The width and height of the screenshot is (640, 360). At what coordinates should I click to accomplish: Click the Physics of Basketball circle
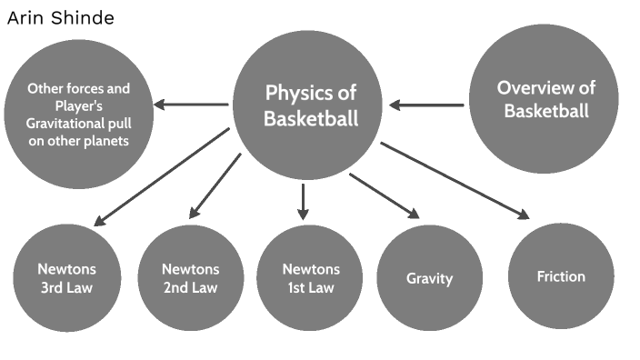click(307, 105)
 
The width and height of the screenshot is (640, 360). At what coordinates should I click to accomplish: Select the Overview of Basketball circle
click(544, 99)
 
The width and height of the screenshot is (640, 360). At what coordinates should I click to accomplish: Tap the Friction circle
click(561, 276)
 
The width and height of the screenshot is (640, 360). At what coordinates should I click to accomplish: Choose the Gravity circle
click(429, 278)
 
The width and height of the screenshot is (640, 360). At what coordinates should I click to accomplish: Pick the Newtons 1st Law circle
click(309, 278)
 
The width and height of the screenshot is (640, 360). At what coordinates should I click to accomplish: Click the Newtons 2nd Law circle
click(191, 278)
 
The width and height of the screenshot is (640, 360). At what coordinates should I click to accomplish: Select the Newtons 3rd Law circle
click(67, 278)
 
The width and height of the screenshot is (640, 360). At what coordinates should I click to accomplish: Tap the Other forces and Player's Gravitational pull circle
click(79, 115)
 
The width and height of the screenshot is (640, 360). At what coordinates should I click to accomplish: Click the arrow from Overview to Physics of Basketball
click(426, 105)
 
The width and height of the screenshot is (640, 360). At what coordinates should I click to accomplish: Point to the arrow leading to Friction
click(455, 181)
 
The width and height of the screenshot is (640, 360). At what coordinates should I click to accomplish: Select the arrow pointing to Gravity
click(384, 196)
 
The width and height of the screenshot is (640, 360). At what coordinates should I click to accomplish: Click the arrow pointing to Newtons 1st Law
click(303, 202)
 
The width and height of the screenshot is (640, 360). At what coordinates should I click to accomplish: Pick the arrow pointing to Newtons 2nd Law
click(215, 186)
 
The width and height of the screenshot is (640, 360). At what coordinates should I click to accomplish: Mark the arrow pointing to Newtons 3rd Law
click(162, 176)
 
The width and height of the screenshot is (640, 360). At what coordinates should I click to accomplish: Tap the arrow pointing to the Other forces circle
click(191, 105)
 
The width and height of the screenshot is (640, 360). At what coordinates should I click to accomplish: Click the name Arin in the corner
click(26, 18)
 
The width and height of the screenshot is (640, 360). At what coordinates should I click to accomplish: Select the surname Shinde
click(83, 18)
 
